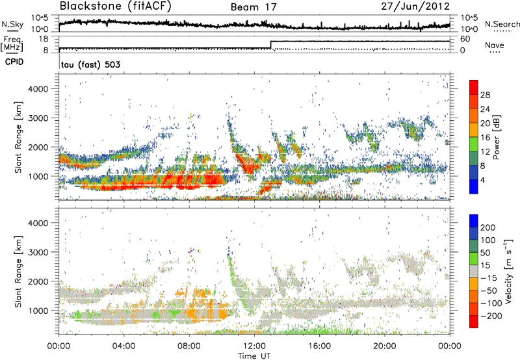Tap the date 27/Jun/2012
coord(416,6)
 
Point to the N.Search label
coord(499,24)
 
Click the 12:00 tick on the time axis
coord(254,345)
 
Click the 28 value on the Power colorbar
coord(488,95)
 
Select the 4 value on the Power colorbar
coord(486,179)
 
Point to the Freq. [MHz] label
coord(11,44)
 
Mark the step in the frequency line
coord(270,45)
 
